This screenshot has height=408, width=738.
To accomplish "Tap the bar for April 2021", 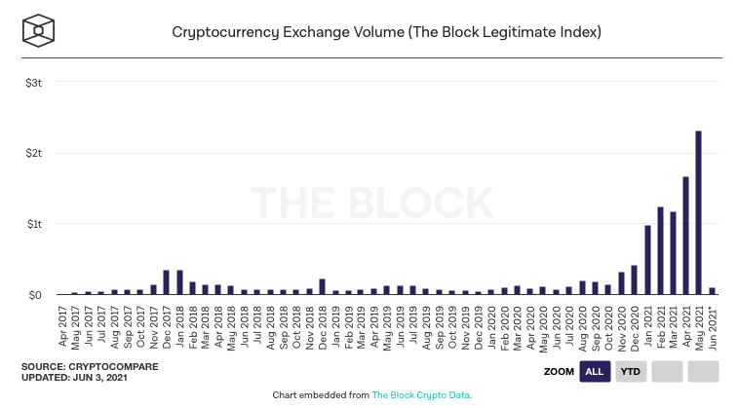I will pyautogui.click(x=685, y=235).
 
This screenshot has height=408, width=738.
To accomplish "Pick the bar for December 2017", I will pyautogui.click(x=166, y=281).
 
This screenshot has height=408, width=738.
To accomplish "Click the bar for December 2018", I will pyautogui.click(x=322, y=286).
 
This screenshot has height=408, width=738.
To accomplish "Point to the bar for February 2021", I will pyautogui.click(x=660, y=250).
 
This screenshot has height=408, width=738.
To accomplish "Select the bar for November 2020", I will pyautogui.click(x=621, y=282).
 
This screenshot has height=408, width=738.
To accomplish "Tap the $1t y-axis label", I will pyautogui.click(x=34, y=224).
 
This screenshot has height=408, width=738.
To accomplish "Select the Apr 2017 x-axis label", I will pyautogui.click(x=62, y=324).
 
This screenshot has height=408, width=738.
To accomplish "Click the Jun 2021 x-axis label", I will pyautogui.click(x=712, y=324).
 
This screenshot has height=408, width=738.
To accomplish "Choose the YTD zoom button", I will pyautogui.click(x=630, y=371).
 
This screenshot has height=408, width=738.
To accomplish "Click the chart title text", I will pyautogui.click(x=386, y=31).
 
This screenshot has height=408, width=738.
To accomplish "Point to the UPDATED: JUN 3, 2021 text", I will pyautogui.click(x=75, y=376).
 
